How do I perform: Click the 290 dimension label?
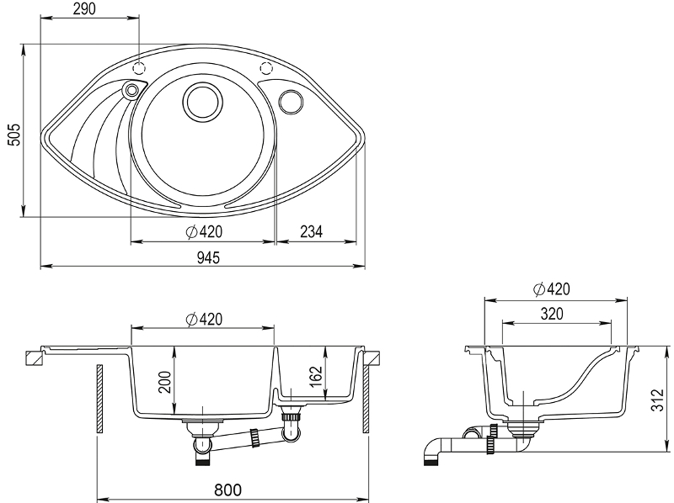point(84,8)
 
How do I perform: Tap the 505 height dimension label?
point(14,135)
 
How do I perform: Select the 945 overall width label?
point(208,257)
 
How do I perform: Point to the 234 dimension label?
point(311,232)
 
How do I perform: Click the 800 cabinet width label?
point(227,490)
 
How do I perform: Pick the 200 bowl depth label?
point(165,382)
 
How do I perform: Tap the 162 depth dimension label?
point(316,376)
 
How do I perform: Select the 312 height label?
point(657,400)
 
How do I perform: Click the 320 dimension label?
point(552,314)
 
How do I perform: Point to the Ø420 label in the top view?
point(204,232)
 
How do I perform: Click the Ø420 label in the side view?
point(552,289)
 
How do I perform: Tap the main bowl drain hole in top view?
point(202,103)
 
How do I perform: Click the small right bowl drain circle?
point(291,102)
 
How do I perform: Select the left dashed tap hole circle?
point(139,68)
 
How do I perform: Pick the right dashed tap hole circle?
point(266,68)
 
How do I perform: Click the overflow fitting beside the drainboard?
point(131,90)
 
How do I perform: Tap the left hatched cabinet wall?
point(99,399)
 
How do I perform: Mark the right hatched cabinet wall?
point(366,399)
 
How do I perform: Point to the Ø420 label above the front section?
point(204,320)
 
